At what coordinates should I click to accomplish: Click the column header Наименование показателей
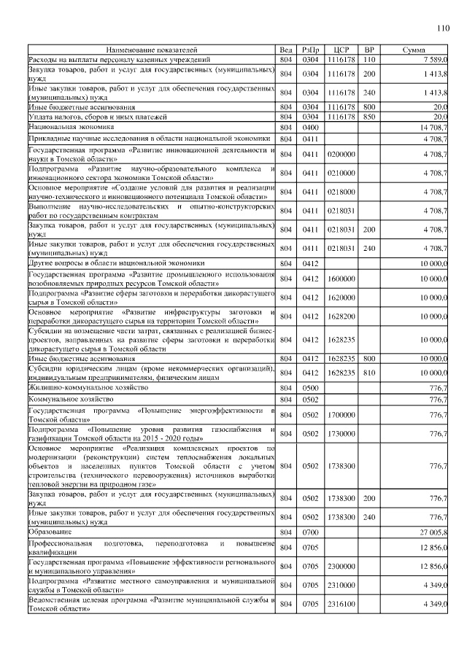(152, 50)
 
